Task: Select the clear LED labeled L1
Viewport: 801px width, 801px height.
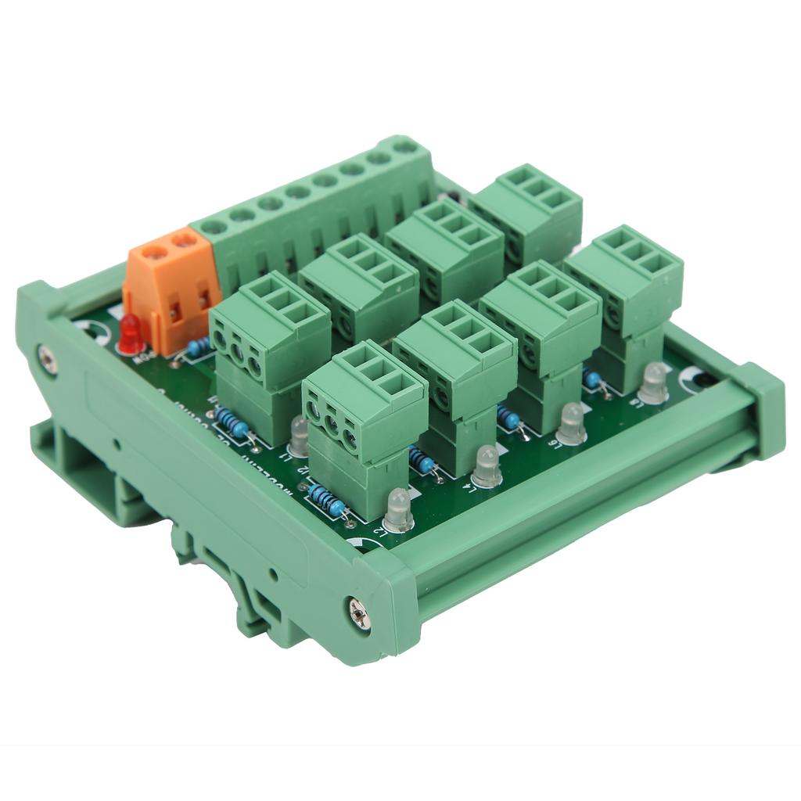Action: coord(298,434)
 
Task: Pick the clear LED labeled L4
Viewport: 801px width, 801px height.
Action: coord(487,466)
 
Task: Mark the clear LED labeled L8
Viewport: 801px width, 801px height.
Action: coord(653,383)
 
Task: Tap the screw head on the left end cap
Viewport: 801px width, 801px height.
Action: coord(47,359)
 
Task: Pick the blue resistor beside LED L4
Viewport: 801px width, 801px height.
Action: coord(422,462)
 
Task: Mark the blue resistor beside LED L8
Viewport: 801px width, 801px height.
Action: coord(592,379)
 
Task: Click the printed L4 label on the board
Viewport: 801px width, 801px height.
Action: coord(468,487)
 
